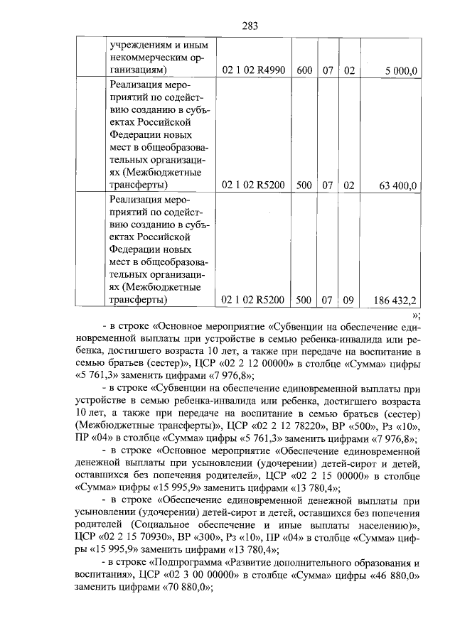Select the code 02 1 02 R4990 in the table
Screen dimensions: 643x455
click(253, 70)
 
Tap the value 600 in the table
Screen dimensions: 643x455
click(304, 70)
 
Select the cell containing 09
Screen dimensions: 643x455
click(348, 301)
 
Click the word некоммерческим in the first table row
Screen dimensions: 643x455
click(151, 57)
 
